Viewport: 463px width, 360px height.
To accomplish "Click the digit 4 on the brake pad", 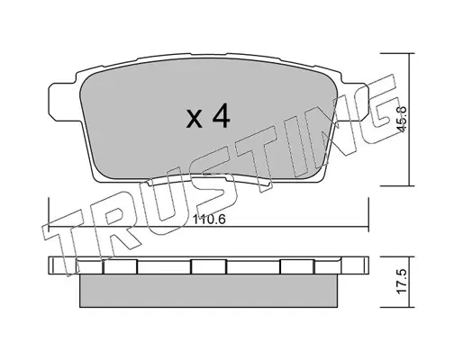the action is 222,117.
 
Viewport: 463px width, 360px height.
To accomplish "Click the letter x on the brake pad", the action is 195,120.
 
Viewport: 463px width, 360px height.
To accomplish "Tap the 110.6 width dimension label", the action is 209,220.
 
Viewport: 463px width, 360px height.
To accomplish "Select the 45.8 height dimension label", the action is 402,120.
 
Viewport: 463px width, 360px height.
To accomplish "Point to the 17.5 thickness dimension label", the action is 402,281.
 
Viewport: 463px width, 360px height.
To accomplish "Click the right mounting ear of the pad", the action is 354,102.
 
